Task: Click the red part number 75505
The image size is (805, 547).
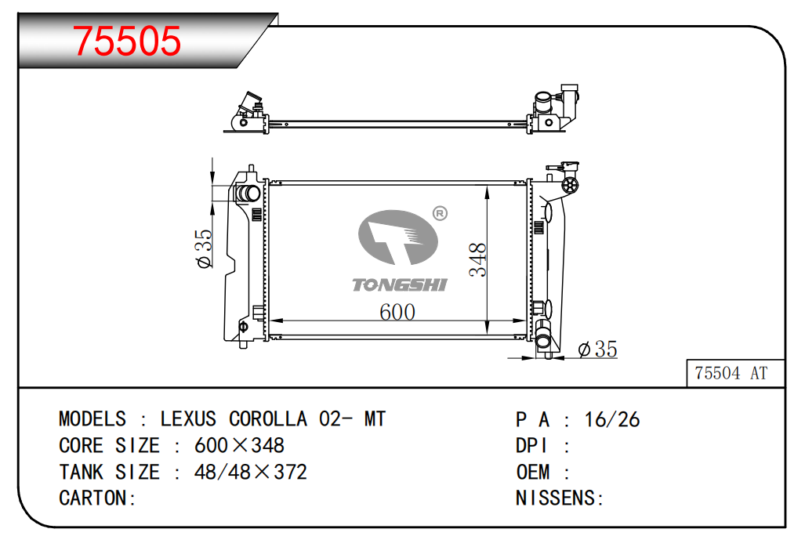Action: [x=127, y=41]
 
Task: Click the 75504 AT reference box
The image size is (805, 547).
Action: [x=735, y=373]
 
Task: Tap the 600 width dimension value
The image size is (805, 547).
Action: [x=397, y=312]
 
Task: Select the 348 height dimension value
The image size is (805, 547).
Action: [x=477, y=259]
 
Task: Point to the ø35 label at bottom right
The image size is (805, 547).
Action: [x=597, y=350]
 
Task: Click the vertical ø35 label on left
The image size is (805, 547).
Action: [x=204, y=248]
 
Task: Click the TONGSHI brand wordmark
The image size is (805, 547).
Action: [x=400, y=284]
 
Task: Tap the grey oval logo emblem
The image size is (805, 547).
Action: [x=398, y=237]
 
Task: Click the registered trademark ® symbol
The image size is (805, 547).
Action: [x=440, y=213]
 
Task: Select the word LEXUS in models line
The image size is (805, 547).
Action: [x=188, y=419]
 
